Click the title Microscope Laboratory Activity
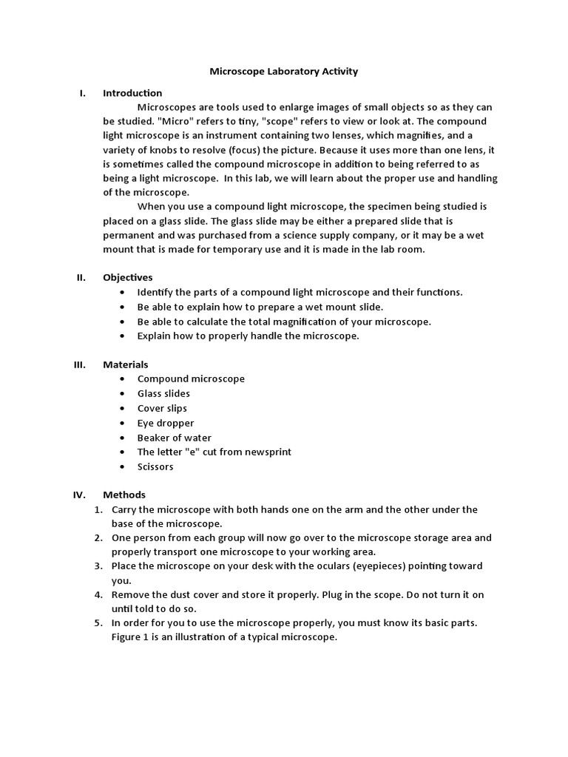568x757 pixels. [284, 72]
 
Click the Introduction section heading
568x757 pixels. [132, 93]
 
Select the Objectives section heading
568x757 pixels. [127, 277]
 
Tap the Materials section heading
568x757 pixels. [125, 364]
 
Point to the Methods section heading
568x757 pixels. [124, 495]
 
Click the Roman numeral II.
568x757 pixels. [81, 277]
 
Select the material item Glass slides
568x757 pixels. [163, 393]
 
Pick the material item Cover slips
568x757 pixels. [162, 408]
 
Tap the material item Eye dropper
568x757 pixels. [166, 423]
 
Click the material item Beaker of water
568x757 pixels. [174, 438]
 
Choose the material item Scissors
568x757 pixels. [156, 466]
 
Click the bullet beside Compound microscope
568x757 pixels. [121, 379]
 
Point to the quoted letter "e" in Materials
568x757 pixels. [199, 452]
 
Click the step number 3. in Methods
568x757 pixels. [98, 566]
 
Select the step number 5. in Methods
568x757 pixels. [98, 623]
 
